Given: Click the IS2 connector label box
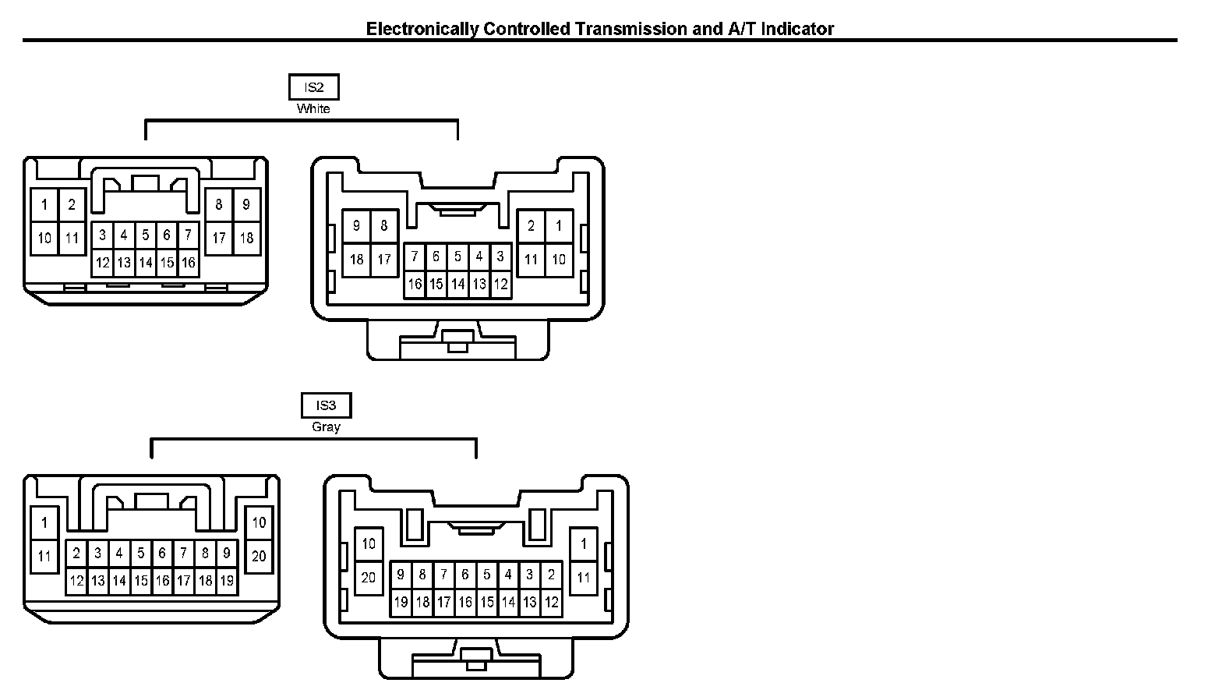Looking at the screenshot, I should (x=313, y=87).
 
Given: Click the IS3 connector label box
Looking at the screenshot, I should (x=326, y=405).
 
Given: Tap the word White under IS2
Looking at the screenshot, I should (x=313, y=109).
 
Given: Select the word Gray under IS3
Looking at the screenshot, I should (x=326, y=427).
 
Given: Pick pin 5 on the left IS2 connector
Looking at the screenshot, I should (x=145, y=235).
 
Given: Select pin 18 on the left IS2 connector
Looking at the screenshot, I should (x=246, y=238).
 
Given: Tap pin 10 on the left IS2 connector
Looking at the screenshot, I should (x=44, y=238).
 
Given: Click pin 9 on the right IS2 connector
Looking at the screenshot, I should (x=356, y=226).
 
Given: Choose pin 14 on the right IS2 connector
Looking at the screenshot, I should (x=457, y=285).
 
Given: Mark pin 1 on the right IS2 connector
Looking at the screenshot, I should (x=559, y=226).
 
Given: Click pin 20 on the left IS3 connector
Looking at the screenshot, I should (x=259, y=556).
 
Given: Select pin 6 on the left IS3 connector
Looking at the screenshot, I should (x=162, y=554).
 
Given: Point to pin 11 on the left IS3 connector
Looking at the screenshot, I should (x=44, y=556).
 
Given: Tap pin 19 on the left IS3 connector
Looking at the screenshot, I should (x=226, y=581).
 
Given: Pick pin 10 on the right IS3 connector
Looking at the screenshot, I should (x=369, y=543).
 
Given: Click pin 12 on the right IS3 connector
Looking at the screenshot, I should (x=551, y=602).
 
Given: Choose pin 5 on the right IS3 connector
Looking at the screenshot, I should (x=486, y=575).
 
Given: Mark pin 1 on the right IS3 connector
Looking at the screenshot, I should (x=584, y=543).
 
